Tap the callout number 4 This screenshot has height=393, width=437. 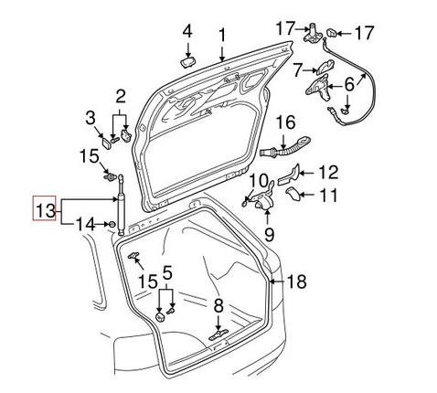pos(187,32)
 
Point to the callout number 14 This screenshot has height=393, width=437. pos(84,223)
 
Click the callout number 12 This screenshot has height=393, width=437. pos(327,171)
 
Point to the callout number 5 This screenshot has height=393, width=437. pos(166,272)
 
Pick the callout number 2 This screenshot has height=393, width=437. pos(120,94)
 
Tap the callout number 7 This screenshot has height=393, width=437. pos(297,69)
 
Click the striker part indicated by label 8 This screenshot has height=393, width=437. pos(217,335)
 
